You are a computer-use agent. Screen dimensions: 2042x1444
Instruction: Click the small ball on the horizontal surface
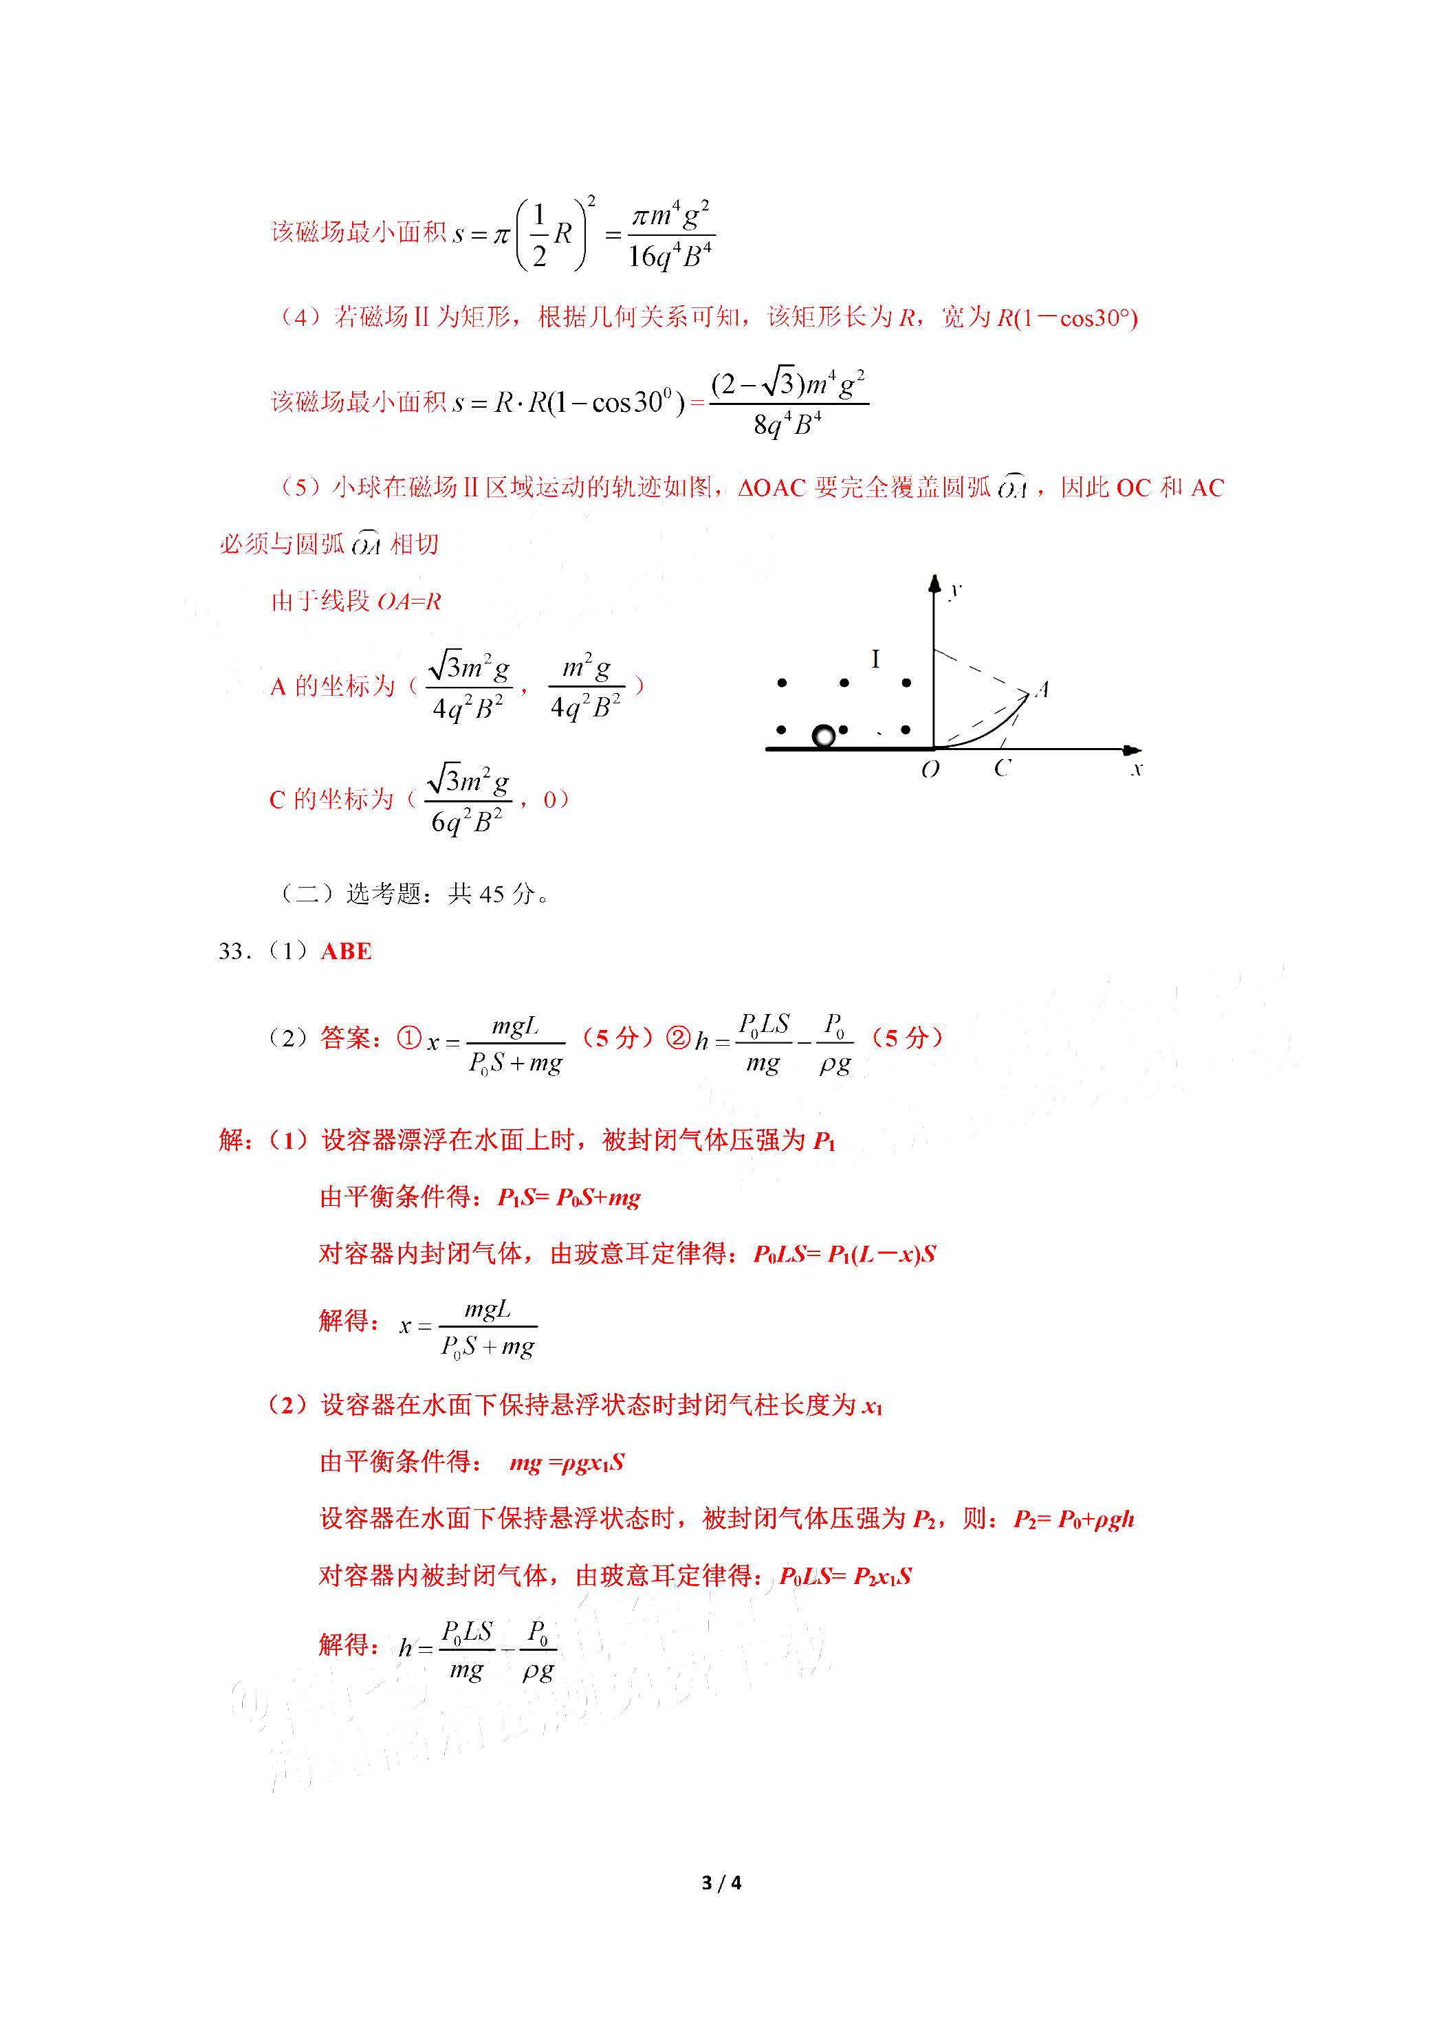[x=824, y=736]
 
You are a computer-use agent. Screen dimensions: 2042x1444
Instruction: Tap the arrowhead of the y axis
[x=933, y=584]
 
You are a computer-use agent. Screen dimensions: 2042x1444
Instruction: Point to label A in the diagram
[x=1042, y=690]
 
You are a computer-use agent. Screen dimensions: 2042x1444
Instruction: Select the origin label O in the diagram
[x=930, y=769]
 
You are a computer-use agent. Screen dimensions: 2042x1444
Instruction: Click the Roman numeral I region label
[x=875, y=659]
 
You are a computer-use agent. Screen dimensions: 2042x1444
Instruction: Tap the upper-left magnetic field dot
[x=782, y=683]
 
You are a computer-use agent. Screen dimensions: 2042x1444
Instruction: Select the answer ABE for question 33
[x=346, y=952]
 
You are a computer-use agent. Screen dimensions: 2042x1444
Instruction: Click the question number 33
[x=231, y=952]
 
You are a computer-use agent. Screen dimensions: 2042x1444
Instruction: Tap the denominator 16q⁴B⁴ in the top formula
[x=669, y=257]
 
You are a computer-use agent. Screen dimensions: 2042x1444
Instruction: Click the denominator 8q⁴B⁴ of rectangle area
[x=787, y=425]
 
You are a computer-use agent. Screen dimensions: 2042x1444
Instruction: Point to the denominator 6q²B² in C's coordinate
[x=466, y=822]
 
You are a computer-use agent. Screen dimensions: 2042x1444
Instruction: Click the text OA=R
[x=409, y=602]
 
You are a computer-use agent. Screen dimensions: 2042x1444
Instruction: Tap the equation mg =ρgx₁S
[x=567, y=1462]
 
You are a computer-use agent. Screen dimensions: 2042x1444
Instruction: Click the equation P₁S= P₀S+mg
[x=569, y=1198]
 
